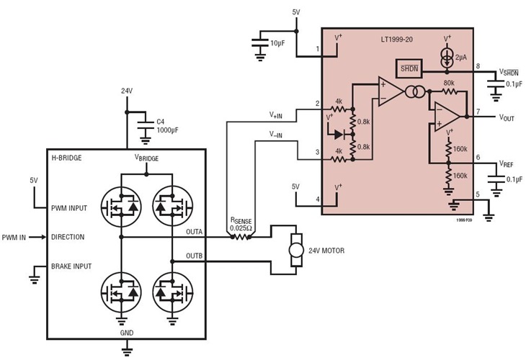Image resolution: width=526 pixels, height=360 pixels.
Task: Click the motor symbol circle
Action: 295,250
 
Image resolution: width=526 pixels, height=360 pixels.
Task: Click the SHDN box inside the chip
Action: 408,68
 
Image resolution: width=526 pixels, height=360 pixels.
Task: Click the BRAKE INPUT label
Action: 71,266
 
